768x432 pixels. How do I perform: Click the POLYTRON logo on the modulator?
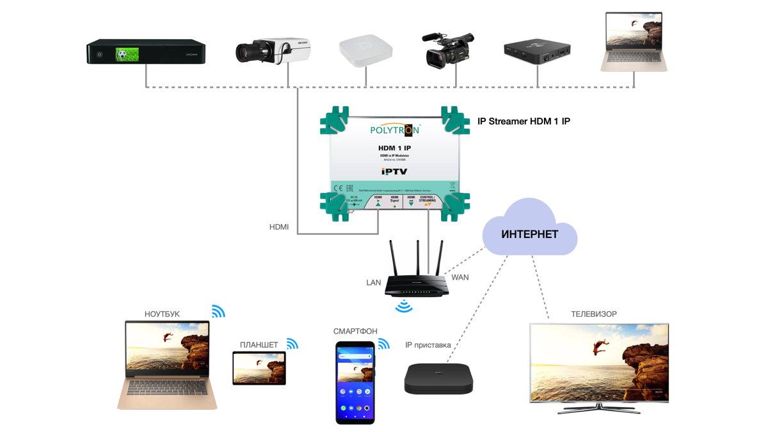(x=394, y=130)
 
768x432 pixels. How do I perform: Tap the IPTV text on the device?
(x=394, y=172)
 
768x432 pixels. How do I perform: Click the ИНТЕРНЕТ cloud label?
(x=529, y=234)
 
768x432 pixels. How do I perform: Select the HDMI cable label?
(x=279, y=227)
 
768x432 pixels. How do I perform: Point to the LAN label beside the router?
(x=374, y=282)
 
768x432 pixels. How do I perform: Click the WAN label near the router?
(x=460, y=277)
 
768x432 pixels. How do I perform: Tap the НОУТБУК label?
(x=162, y=314)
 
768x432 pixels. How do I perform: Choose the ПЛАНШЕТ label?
(x=259, y=345)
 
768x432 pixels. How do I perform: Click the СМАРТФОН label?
(x=355, y=332)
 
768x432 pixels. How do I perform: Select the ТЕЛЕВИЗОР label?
(x=594, y=314)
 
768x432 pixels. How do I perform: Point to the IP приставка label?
(x=428, y=345)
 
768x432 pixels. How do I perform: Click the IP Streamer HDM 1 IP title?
(x=524, y=121)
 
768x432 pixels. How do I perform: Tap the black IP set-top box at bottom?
(x=438, y=378)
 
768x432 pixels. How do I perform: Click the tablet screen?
(x=259, y=368)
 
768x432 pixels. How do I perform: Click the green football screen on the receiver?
(x=127, y=54)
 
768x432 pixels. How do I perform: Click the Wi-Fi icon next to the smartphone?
(x=383, y=344)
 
